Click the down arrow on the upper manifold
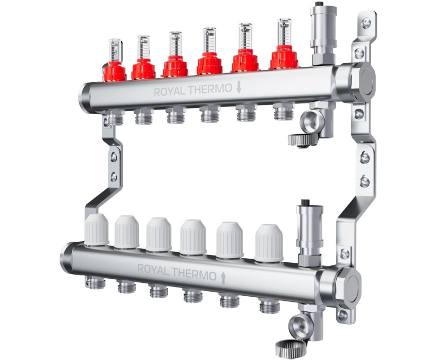tap(239, 87)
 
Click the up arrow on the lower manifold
tap(223, 278)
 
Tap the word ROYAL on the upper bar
tap(170, 92)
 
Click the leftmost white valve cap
tap(97, 230)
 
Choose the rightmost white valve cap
tap(269, 243)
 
